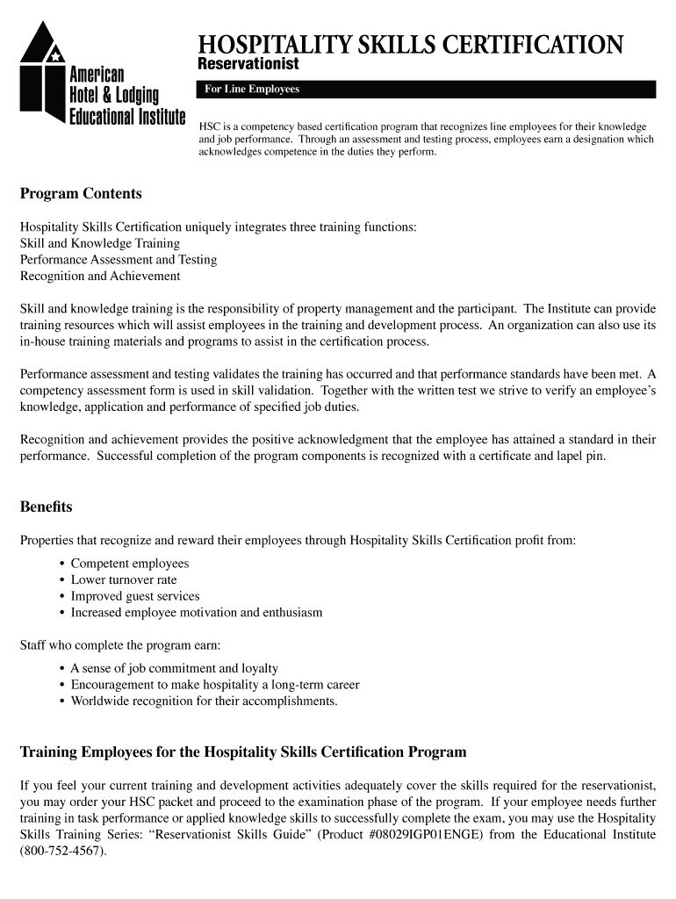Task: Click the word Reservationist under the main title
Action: pyautogui.click(x=248, y=65)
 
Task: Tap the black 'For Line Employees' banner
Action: pyautogui.click(x=426, y=89)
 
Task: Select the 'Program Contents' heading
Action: pyautogui.click(x=81, y=193)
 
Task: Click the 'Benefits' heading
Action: pyautogui.click(x=46, y=507)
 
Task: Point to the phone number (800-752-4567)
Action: pyautogui.click(x=62, y=851)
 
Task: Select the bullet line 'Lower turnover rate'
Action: pyautogui.click(x=123, y=579)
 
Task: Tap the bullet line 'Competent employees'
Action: pyautogui.click(x=129, y=564)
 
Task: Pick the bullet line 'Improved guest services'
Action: pyautogui.click(x=134, y=596)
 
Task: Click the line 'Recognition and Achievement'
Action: pyautogui.click(x=100, y=276)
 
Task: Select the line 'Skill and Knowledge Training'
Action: pyautogui.click(x=100, y=243)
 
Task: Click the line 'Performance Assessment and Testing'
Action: pyautogui.click(x=119, y=260)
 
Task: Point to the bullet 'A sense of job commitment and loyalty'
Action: pyautogui.click(x=174, y=668)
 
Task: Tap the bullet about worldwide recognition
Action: pyautogui.click(x=204, y=701)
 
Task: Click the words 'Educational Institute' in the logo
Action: pyautogui.click(x=127, y=117)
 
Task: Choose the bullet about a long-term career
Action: pyautogui.click(x=214, y=685)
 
